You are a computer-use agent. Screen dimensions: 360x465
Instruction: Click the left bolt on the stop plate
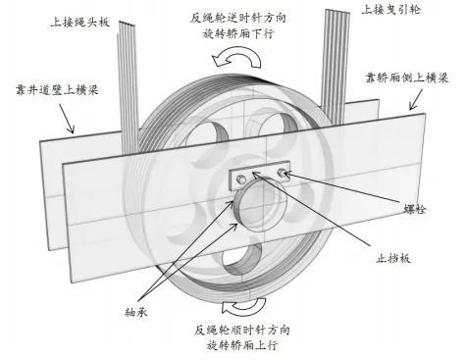pos(240,177)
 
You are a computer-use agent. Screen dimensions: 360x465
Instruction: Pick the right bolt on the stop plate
pos(284,174)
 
